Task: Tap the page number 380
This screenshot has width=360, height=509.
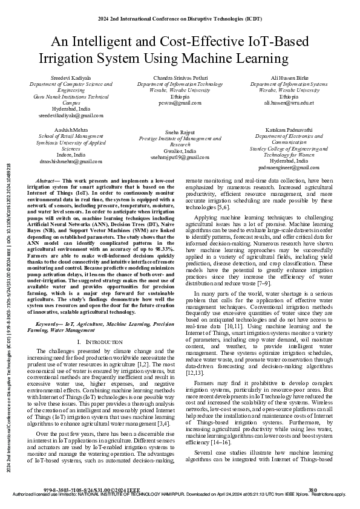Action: tap(313, 489)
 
